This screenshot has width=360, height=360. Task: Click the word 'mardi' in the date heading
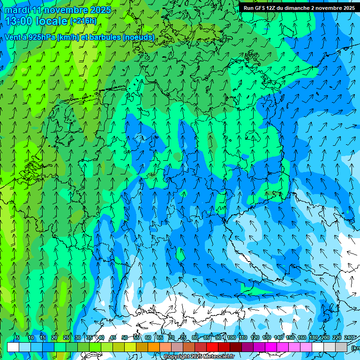tap(17, 10)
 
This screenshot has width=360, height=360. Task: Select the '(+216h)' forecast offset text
tap(83, 21)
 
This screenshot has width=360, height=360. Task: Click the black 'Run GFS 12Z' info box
tap(299, 8)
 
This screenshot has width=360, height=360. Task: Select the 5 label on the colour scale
tap(17, 338)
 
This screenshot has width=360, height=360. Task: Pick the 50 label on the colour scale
tap(125, 338)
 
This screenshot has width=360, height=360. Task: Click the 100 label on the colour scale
tap(232, 338)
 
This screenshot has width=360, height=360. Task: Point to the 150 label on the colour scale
tap(290, 338)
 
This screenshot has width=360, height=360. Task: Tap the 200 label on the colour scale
tap(325, 338)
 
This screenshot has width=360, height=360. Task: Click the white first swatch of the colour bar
tap(13, 347)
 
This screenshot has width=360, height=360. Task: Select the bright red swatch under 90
tap(212, 347)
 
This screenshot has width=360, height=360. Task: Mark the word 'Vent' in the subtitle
tap(13, 37)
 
